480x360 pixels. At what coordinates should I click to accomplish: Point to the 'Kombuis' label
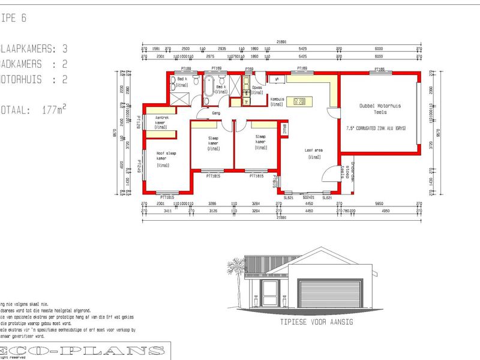[277, 102]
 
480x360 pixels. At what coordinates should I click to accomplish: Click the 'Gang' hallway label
[217, 112]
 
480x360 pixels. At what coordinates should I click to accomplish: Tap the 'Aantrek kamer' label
[160, 122]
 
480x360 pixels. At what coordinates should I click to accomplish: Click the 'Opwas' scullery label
[257, 89]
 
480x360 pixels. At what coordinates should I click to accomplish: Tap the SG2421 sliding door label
[308, 197]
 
